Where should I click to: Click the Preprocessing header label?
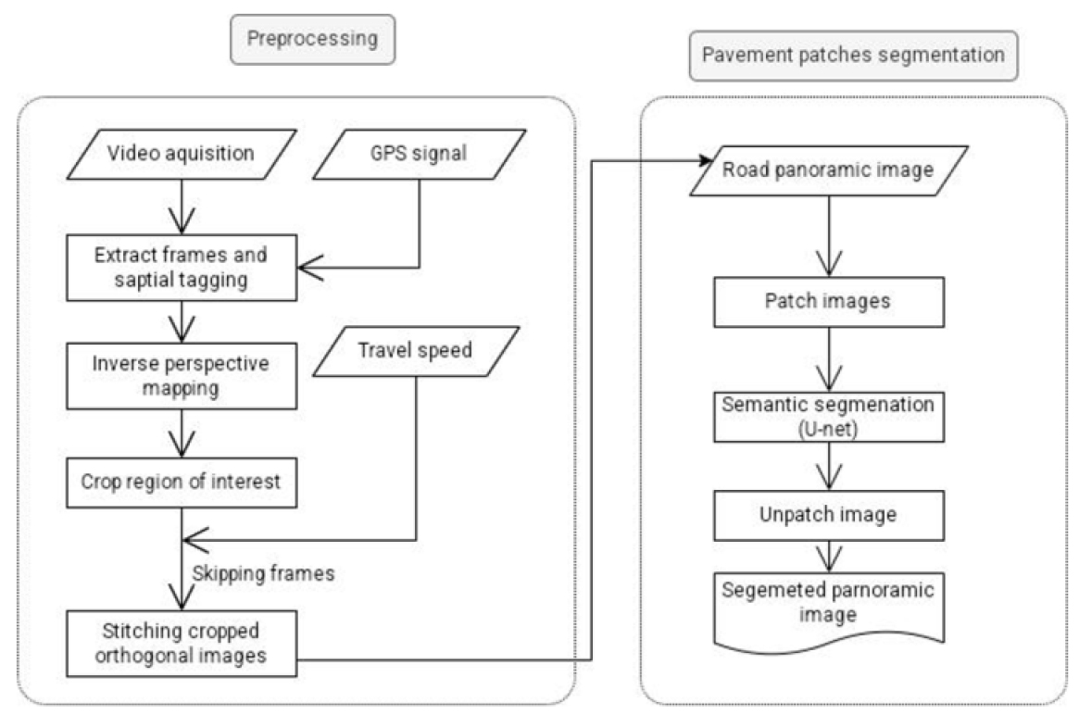pyautogui.click(x=312, y=39)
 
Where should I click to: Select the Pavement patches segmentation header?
pyautogui.click(x=852, y=55)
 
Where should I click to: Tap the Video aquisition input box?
pyautogui.click(x=181, y=154)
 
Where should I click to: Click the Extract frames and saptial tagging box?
pyautogui.click(x=181, y=266)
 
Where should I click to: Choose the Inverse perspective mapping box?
pyautogui.click(x=181, y=375)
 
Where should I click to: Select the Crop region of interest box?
pyautogui.click(x=181, y=483)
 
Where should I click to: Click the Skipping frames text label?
pyautogui.click(x=263, y=572)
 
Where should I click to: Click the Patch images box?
pyautogui.click(x=814, y=302)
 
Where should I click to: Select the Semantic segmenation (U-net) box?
pyautogui.click(x=815, y=417)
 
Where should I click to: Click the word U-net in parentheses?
pyautogui.click(x=815, y=429)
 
